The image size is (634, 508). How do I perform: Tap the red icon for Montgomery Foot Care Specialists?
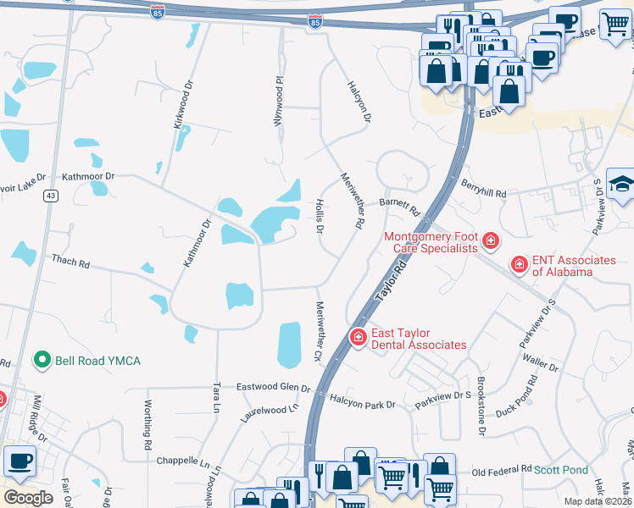490,243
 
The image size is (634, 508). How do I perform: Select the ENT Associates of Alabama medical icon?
520,265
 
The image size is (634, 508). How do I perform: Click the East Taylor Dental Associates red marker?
359,338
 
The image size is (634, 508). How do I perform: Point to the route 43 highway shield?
52,196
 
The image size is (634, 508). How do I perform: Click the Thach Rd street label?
70,262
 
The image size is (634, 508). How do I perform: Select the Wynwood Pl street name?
276,102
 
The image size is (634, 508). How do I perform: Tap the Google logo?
28,497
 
